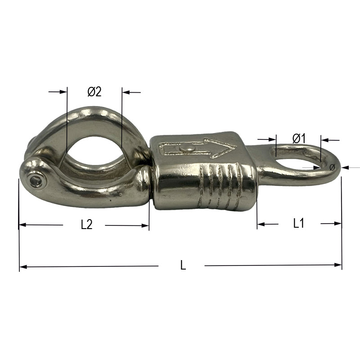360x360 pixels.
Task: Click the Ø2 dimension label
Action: click(94, 92)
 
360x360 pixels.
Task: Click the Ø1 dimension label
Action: click(299, 139)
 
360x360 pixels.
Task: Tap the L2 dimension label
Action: click(86, 225)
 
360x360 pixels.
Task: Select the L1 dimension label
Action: click(299, 223)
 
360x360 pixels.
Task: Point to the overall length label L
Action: click(183, 265)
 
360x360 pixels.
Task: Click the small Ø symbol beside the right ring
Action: click(332, 167)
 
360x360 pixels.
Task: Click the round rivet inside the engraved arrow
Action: click(188, 149)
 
